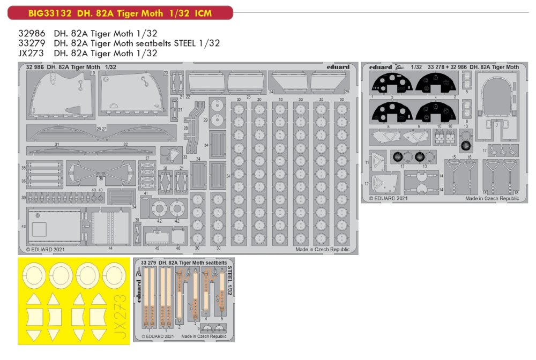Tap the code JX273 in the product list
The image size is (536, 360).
pos(30,54)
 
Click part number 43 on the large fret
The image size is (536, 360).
pos(23,227)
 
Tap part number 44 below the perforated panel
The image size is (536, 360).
pos(110,249)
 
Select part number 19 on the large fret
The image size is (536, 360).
pos(92,73)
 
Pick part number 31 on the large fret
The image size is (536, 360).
pos(57,144)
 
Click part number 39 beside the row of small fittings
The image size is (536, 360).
pos(23,198)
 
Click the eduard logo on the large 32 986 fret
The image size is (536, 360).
pos(338,67)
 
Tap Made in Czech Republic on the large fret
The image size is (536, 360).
pos(322,249)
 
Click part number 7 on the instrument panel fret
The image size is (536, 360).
pos(497,125)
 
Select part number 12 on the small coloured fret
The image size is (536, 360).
pos(367,184)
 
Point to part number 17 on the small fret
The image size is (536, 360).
pos(484,151)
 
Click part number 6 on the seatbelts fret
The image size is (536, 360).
pos(198,327)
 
